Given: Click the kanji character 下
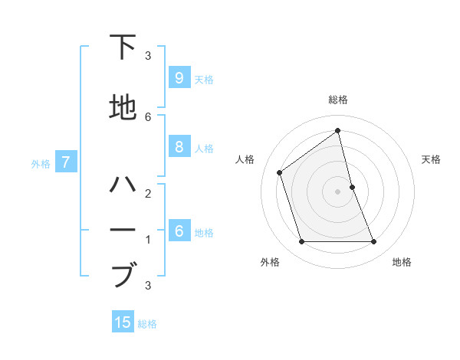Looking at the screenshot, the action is click(x=123, y=47).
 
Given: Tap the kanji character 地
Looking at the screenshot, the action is click(x=123, y=108).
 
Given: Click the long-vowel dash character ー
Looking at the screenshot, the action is click(x=123, y=231).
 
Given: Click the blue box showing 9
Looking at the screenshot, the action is click(x=179, y=78).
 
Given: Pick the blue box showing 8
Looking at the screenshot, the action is click(x=179, y=147).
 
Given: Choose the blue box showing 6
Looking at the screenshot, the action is click(x=179, y=231).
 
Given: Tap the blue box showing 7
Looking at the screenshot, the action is click(x=66, y=162).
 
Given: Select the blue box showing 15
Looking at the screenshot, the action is click(x=123, y=322).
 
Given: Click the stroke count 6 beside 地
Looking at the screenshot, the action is click(x=148, y=116).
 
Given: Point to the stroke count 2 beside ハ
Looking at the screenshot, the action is click(x=148, y=193).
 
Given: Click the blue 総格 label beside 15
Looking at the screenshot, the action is click(x=147, y=324).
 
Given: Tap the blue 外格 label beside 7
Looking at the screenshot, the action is click(x=41, y=163).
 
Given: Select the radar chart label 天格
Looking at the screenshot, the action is click(x=431, y=159).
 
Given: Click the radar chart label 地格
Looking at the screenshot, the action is click(x=402, y=262).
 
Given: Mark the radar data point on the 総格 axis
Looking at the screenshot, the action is click(x=338, y=131).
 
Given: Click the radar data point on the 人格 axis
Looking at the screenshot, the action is click(x=280, y=172).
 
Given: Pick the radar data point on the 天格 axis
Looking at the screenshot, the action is click(x=352, y=187).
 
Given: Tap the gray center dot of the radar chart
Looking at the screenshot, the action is click(x=338, y=191).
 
